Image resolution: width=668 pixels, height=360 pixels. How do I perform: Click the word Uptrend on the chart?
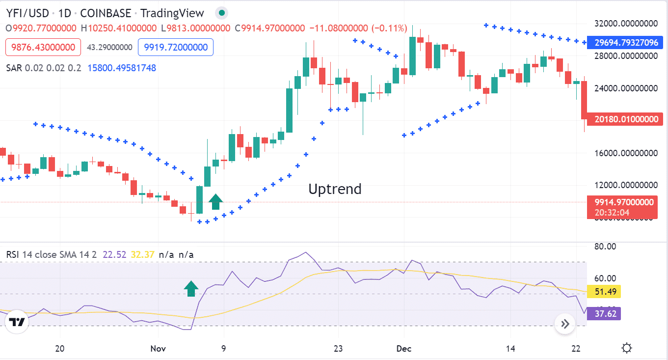(335, 189)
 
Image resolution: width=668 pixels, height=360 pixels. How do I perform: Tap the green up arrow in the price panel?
(215, 201)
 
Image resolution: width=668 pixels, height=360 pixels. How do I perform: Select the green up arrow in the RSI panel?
(191, 289)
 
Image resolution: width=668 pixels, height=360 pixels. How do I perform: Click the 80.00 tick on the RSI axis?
(605, 247)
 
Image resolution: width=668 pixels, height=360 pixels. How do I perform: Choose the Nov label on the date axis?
(158, 349)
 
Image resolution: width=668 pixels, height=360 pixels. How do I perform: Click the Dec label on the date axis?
(403, 349)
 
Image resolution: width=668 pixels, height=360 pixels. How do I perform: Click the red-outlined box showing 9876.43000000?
(44, 47)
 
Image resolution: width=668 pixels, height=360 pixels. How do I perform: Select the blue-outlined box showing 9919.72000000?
(176, 47)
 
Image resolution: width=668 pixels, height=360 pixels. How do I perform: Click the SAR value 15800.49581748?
(122, 68)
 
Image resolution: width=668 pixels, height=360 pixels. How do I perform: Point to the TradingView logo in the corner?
(17, 322)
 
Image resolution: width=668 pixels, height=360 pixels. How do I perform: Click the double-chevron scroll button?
(565, 324)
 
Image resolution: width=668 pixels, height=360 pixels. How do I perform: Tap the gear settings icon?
(627, 349)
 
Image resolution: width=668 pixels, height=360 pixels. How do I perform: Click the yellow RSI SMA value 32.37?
(143, 254)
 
